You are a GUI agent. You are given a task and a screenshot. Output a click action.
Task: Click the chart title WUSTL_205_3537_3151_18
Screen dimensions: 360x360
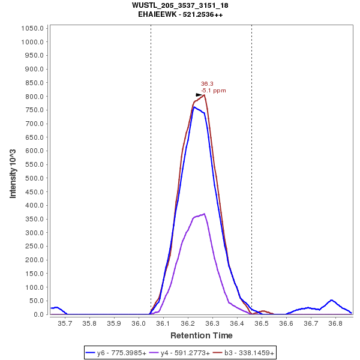tap(180, 5)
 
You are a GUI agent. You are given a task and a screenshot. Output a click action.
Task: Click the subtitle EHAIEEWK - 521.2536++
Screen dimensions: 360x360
tap(180, 14)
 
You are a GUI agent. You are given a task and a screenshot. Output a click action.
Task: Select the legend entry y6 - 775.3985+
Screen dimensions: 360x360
tap(121, 353)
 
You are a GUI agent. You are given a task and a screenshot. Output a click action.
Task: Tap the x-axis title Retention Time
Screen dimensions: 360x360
tap(202, 335)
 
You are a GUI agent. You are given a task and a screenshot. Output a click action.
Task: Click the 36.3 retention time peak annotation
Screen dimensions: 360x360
tap(207, 84)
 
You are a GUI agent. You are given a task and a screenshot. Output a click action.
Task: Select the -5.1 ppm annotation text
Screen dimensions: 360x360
tap(214, 91)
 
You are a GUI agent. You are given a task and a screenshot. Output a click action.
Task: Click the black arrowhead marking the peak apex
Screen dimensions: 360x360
tap(200, 95)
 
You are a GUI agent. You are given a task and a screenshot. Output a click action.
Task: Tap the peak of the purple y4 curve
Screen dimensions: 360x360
tap(205, 214)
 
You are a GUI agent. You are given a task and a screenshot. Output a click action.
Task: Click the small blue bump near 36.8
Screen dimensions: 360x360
tap(331, 300)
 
